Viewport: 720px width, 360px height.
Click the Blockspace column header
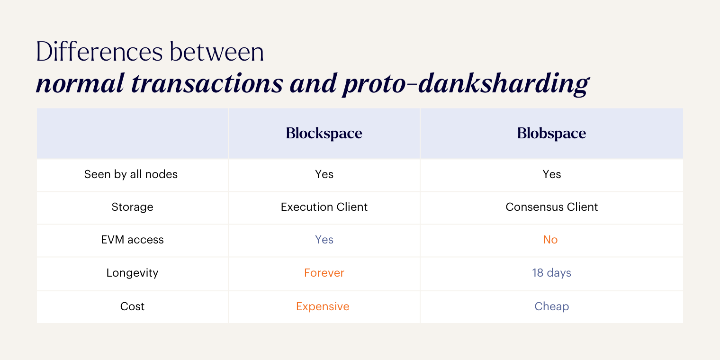click(x=324, y=134)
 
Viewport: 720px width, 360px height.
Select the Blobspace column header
click(x=551, y=134)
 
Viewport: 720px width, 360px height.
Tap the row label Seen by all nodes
click(x=131, y=174)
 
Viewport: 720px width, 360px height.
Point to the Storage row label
click(x=132, y=207)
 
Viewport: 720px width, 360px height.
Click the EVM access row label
click(x=132, y=240)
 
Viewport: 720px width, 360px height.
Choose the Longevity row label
click(x=132, y=273)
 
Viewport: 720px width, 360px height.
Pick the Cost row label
click(x=132, y=306)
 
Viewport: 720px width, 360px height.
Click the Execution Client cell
click(x=324, y=207)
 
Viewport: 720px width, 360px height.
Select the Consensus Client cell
click(x=551, y=207)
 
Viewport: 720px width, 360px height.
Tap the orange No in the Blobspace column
click(x=550, y=240)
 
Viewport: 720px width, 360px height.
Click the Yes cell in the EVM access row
click(x=324, y=240)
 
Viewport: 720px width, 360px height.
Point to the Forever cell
click(x=324, y=273)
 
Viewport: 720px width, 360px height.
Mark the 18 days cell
click(x=551, y=273)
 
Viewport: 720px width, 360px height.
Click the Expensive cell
click(x=323, y=306)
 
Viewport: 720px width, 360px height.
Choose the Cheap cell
click(x=551, y=306)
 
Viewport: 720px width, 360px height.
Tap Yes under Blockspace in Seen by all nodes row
click(x=324, y=174)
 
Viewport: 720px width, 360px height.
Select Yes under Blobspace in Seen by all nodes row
click(x=551, y=174)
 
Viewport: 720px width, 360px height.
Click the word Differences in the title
click(x=99, y=52)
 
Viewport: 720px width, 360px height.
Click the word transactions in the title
click(x=207, y=83)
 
